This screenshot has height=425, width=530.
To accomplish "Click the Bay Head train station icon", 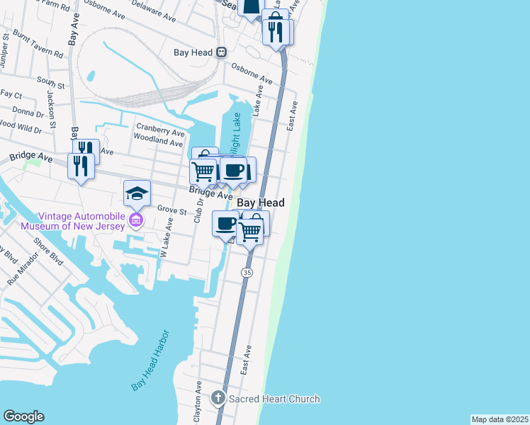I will coord(221,52).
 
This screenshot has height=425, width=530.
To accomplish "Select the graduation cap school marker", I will coord(137,193).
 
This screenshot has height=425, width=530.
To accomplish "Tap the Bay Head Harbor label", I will coord(150,360).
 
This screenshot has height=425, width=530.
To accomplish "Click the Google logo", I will coord(23,416).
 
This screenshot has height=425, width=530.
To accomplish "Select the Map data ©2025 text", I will coord(500,419).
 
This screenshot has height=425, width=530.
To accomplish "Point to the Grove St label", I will coord(171,210).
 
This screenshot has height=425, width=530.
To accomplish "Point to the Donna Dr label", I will coord(28,113).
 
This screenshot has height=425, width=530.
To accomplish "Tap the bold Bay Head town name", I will coord(260,203).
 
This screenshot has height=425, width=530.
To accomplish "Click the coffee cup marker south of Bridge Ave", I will coord(226,223).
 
